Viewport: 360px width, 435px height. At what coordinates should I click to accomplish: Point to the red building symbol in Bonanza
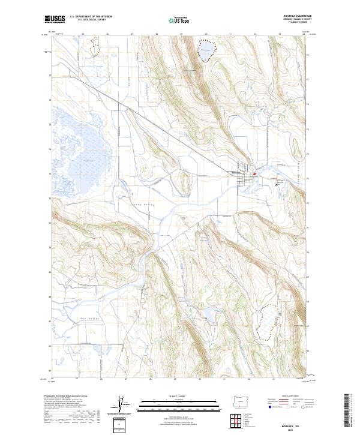coord(254,175)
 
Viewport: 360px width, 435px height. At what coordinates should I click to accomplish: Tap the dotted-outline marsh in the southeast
coord(268,323)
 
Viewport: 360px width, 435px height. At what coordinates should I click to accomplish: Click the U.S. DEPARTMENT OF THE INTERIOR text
coord(91,17)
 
